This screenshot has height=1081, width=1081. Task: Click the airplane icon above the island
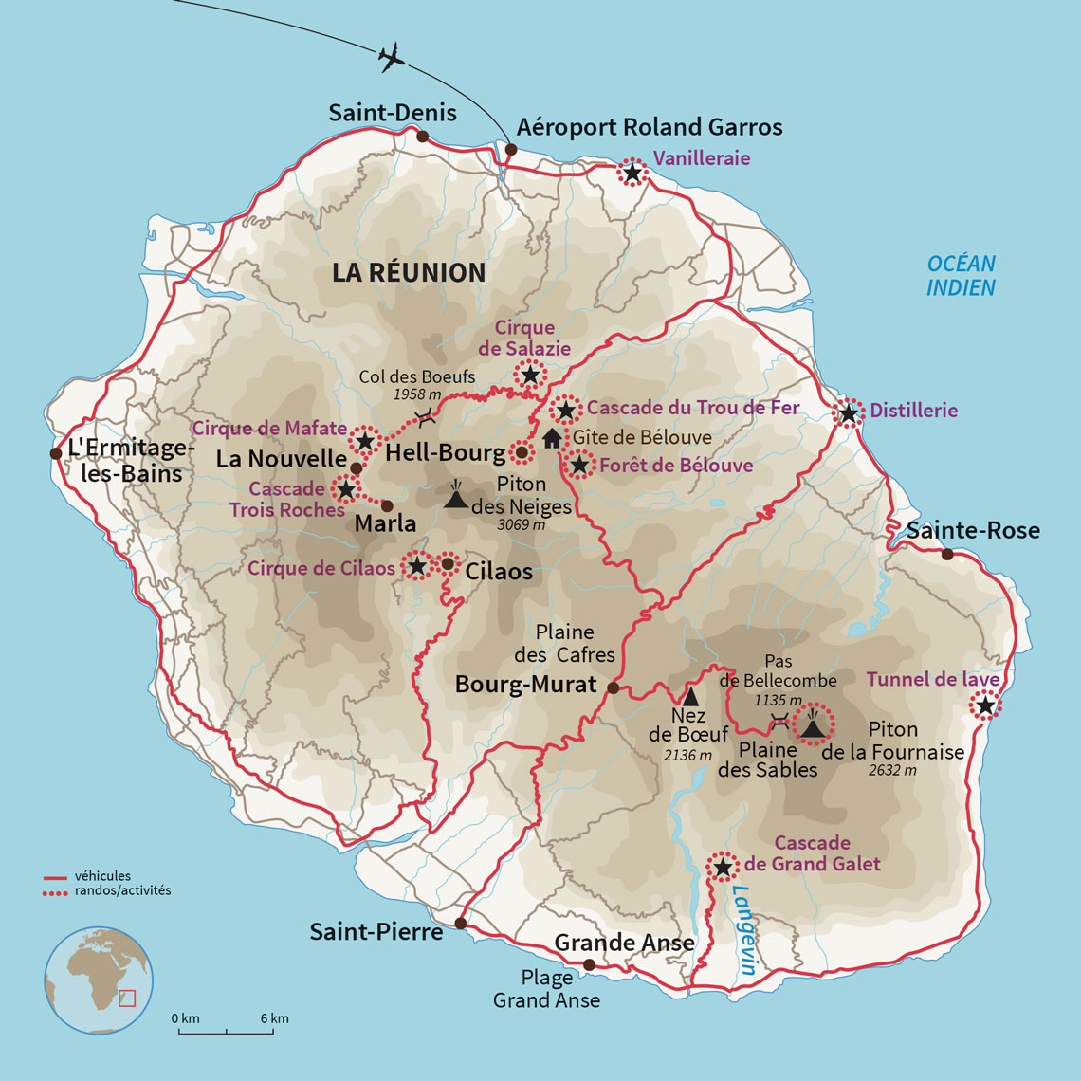tap(392, 58)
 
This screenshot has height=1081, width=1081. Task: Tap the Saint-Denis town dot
tap(423, 137)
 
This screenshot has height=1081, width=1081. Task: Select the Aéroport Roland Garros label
tap(650, 127)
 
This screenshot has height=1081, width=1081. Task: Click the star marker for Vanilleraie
tap(632, 173)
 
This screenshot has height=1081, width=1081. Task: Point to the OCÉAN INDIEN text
tap(961, 276)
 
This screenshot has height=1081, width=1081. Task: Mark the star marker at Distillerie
tap(848, 413)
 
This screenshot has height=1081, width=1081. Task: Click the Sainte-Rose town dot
tap(946, 554)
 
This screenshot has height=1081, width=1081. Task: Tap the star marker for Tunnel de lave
tap(985, 705)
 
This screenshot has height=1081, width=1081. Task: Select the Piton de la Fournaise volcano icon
tap(813, 725)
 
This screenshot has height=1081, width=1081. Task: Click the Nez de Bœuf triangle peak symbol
tap(690, 697)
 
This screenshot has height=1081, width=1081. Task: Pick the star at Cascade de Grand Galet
tap(723, 867)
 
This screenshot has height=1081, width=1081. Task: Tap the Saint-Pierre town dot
tap(461, 924)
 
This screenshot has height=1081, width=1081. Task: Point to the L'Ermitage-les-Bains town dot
tap(56, 453)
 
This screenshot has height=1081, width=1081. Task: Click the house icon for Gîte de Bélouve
tap(552, 438)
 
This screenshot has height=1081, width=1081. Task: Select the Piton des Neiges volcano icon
tap(456, 497)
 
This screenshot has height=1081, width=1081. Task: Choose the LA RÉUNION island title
tap(409, 273)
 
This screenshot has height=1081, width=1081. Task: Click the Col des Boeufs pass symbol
tap(426, 415)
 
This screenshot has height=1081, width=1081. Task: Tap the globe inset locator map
tap(99, 980)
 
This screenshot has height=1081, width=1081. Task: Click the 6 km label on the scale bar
tap(274, 1018)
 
